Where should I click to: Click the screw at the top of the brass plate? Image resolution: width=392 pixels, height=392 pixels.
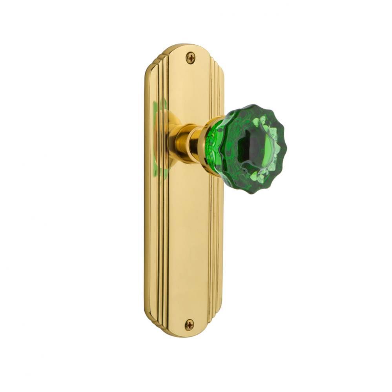[x=190, y=58]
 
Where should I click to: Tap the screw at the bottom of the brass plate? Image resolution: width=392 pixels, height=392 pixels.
[x=190, y=324]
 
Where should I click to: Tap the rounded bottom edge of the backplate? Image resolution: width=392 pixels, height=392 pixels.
[x=184, y=335]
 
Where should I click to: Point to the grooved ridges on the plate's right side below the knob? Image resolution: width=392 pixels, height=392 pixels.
[x=215, y=243]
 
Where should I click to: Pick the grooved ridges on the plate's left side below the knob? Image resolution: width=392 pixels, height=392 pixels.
[x=155, y=243]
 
